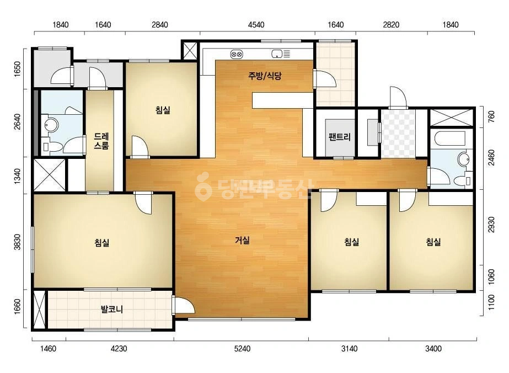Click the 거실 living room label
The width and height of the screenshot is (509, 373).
point(242,241)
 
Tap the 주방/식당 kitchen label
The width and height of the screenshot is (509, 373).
point(265,76)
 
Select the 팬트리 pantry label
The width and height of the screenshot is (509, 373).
point(340,137)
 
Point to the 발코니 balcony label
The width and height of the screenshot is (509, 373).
point(112,309)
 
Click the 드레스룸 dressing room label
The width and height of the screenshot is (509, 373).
point(101,141)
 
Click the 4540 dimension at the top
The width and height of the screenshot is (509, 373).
point(256,25)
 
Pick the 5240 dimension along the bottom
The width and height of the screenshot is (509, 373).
point(242,349)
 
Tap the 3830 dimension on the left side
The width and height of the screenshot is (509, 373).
point(17,242)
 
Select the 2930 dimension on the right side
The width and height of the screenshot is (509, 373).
point(491,225)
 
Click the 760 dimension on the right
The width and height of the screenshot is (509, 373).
point(491,116)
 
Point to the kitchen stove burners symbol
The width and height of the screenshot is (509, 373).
point(237,54)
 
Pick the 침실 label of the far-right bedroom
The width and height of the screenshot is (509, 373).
point(433,242)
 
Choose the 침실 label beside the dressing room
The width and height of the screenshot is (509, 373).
point(163,110)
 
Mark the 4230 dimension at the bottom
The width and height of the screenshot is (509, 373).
point(119,349)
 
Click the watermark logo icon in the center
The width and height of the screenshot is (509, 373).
point(203,186)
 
